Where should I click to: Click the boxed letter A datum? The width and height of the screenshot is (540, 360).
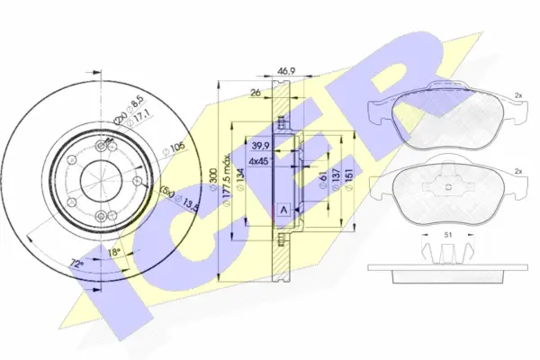pos(284,211)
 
